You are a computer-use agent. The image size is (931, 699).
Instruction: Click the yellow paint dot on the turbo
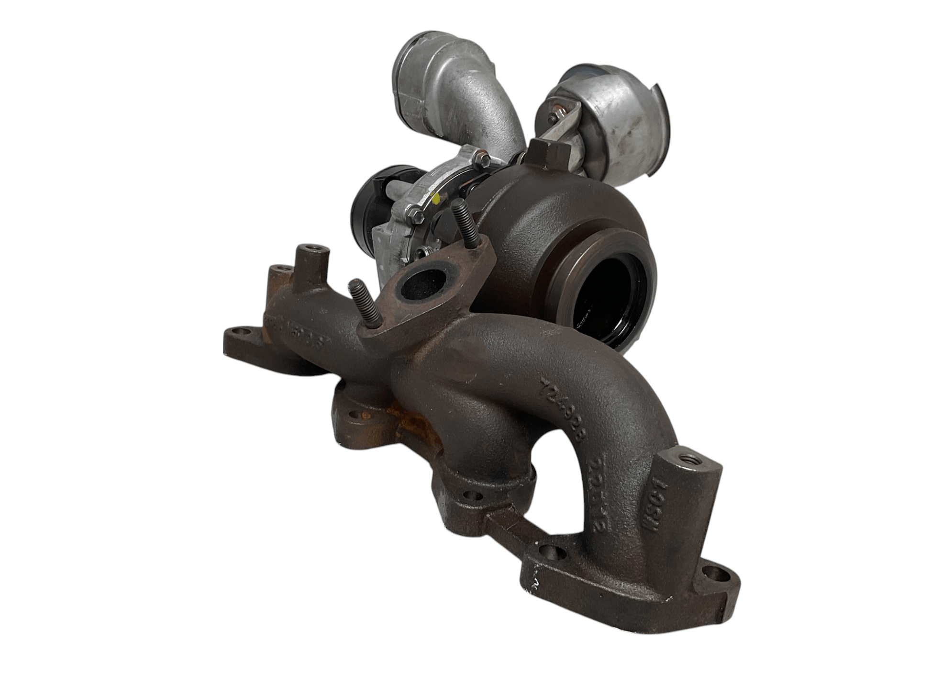(x=435, y=197)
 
